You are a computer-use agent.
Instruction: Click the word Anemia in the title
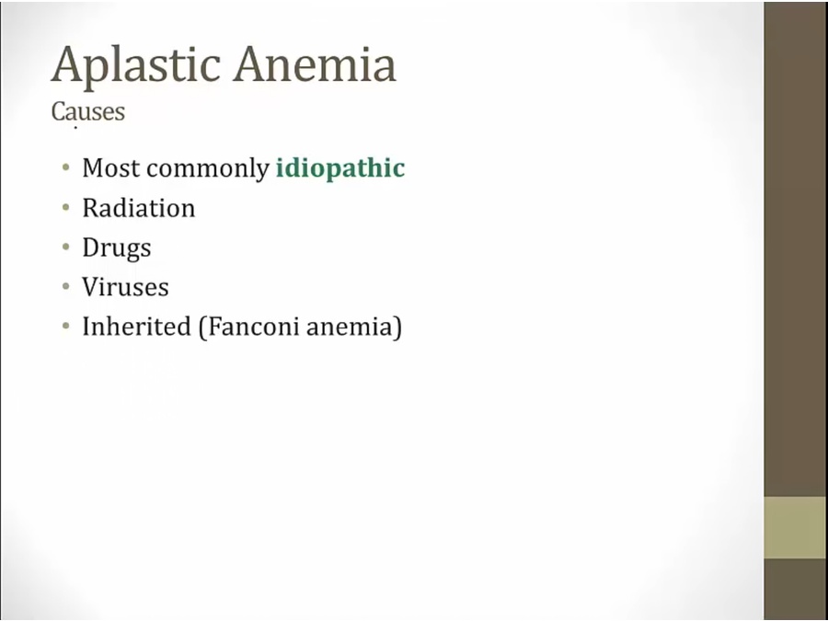coord(316,63)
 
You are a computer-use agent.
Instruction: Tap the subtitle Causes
coord(88,111)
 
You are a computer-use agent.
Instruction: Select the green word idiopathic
coord(340,168)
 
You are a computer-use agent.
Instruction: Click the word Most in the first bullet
coord(111,168)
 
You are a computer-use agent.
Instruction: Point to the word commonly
coord(208,169)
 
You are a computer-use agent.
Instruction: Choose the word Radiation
coord(139,208)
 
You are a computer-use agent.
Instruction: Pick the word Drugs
coord(117,248)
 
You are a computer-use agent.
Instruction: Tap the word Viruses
coord(126,287)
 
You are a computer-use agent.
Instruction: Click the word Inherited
coord(136,326)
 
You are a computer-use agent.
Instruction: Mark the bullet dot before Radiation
coord(66,208)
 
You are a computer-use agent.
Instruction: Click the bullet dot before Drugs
coord(66,247)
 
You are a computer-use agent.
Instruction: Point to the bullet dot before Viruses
coord(66,287)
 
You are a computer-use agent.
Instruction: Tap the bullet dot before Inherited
coord(66,326)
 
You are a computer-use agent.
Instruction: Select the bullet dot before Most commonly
coord(66,168)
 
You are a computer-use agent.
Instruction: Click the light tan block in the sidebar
coord(796,527)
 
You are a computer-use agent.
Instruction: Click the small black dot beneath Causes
coord(75,128)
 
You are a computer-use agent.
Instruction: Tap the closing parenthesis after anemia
coord(398,328)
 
